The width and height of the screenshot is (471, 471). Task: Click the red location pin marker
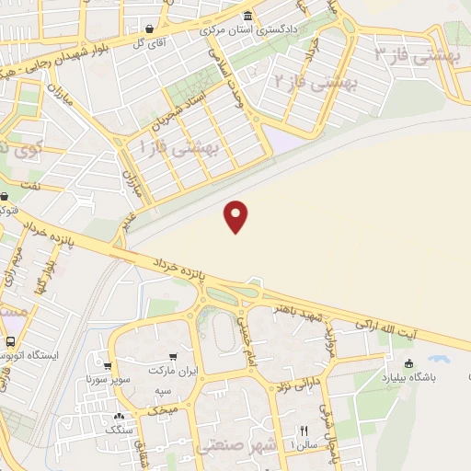(x=237, y=216)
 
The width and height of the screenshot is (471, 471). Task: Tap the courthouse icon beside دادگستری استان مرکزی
(x=247, y=16)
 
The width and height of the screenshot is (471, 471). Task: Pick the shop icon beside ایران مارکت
(x=173, y=356)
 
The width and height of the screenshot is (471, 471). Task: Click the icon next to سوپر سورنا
(x=109, y=365)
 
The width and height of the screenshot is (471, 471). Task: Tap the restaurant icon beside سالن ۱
(x=304, y=431)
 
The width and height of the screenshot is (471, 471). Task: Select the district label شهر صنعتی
(x=235, y=445)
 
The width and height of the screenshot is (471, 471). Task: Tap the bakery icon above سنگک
(x=119, y=415)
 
